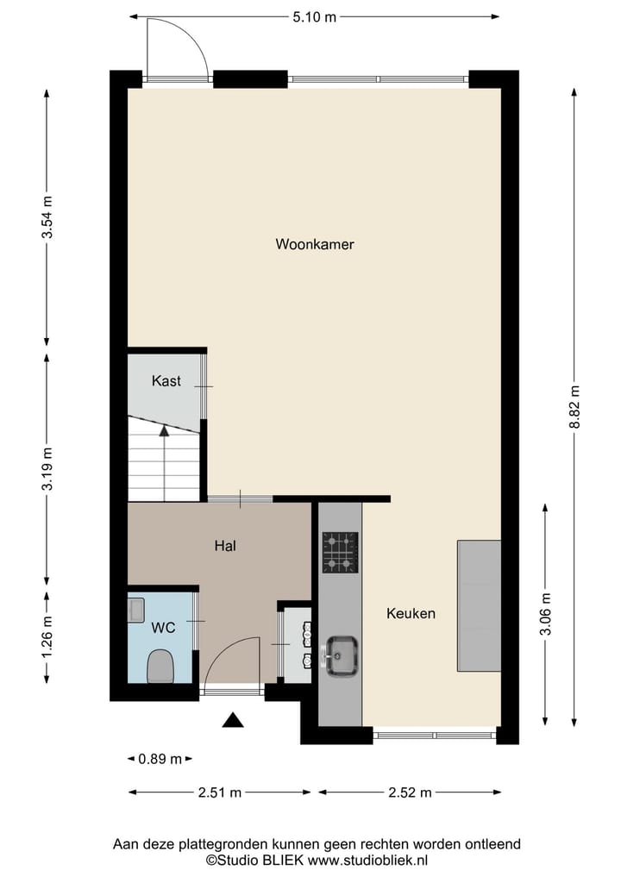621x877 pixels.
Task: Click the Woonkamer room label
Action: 315,244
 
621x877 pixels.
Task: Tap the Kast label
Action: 166,380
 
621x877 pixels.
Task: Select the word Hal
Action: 225,545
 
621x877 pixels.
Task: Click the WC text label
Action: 164,628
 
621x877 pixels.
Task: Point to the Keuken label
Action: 411,614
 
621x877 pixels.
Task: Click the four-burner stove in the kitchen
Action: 340,553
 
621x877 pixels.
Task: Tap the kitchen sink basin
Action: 342,654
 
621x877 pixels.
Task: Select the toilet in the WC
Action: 160,666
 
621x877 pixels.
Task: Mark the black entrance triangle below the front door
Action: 233,720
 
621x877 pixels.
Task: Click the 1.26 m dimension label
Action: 47,634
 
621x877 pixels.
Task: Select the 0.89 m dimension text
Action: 160,759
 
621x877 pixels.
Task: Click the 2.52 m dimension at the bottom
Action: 410,792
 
